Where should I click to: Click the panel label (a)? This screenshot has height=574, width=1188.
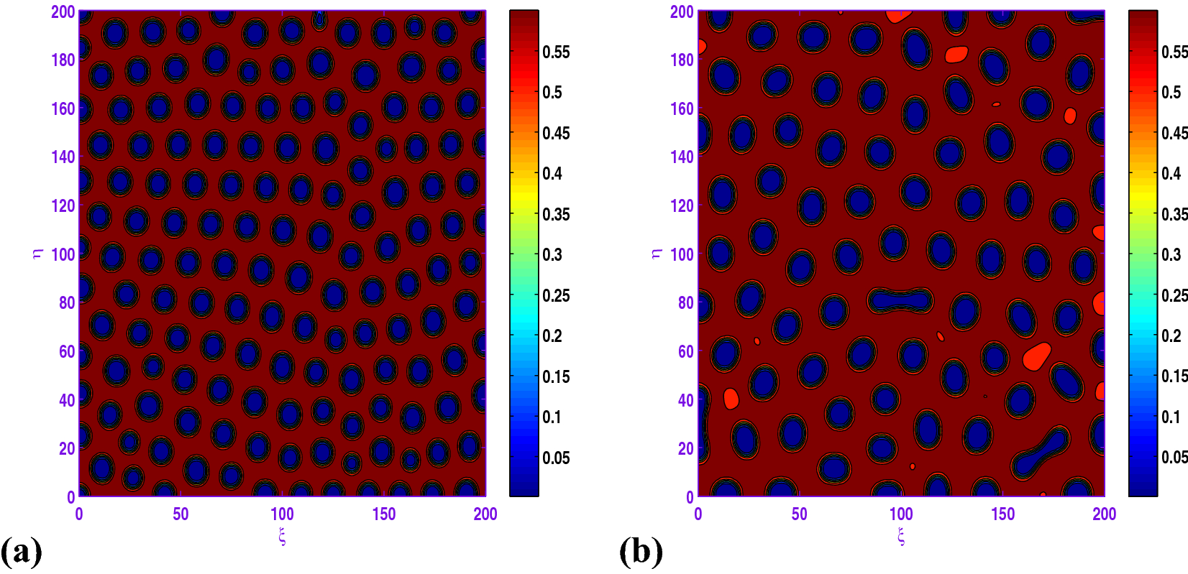coord(22,552)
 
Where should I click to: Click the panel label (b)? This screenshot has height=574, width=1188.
coord(641,552)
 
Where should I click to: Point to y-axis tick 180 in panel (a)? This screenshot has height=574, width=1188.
coord(63,60)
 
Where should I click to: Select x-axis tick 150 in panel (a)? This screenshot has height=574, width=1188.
coord(384,514)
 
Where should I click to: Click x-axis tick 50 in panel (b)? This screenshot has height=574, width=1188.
coord(800,514)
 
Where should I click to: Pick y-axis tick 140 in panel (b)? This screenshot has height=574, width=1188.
coord(682,157)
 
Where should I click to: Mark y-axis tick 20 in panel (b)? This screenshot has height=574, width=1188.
coord(685,448)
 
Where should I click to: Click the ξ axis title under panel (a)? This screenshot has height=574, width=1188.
coord(282,536)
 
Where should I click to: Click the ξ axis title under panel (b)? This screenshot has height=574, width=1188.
coord(901,536)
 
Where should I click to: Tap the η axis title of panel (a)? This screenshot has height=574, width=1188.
coord(37,253)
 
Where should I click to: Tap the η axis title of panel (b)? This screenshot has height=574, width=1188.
coord(657,253)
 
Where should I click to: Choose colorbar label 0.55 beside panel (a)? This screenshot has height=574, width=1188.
coord(556,52)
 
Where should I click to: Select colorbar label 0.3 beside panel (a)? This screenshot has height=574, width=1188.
coord(552,254)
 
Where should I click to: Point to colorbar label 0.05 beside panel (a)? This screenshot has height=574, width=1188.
coord(556,458)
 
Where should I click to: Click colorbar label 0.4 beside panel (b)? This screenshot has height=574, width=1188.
coord(1171,173)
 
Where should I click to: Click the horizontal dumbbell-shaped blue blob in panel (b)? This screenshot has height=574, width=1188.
coord(900,300)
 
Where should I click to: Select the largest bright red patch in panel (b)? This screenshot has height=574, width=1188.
coord(1036,356)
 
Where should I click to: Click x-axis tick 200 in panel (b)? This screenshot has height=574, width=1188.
coord(1105,514)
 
